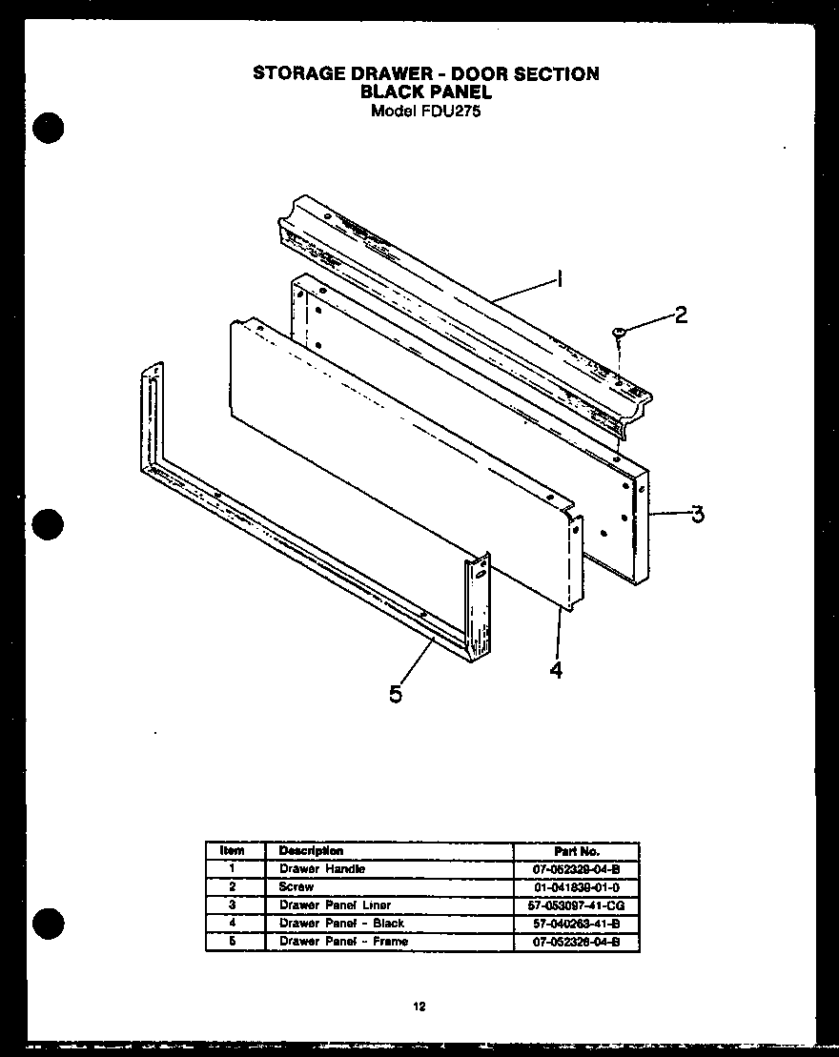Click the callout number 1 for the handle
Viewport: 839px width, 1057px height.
(560, 279)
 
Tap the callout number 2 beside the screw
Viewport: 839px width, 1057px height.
(680, 315)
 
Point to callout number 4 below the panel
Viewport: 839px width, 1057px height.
(555, 670)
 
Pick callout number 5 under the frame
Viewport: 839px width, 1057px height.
(395, 694)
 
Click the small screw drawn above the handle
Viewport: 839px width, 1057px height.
(619, 332)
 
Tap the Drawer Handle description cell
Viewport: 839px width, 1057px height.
(321, 868)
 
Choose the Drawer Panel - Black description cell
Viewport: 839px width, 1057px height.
(341, 923)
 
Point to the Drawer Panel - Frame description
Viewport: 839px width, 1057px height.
(343, 941)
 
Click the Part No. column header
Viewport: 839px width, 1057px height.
(576, 851)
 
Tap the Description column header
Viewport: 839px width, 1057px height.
(311, 850)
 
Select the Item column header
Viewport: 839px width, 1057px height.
(232, 850)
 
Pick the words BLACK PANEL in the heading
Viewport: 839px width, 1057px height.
(426, 92)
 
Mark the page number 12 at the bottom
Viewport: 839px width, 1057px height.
(419, 1006)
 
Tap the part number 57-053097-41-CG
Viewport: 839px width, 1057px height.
(576, 905)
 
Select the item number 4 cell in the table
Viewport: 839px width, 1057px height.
(232, 923)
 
